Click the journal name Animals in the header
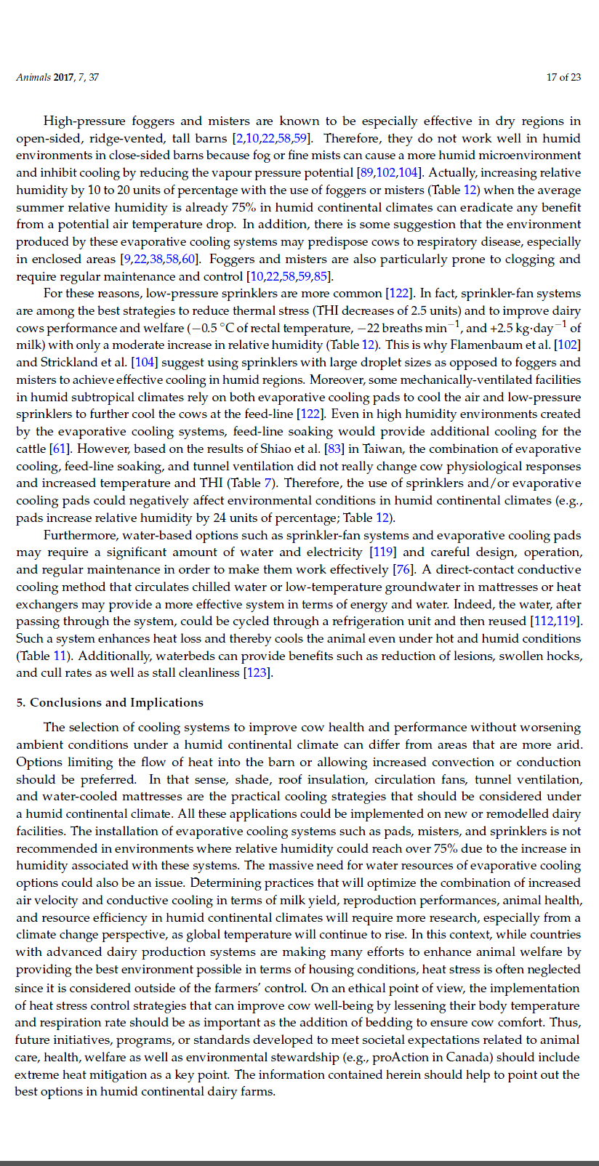click(33, 77)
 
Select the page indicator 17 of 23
click(563, 77)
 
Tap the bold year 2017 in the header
click(64, 77)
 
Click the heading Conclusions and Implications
click(116, 702)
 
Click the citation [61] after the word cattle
click(58, 449)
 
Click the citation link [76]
click(403, 569)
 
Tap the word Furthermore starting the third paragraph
click(79, 535)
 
